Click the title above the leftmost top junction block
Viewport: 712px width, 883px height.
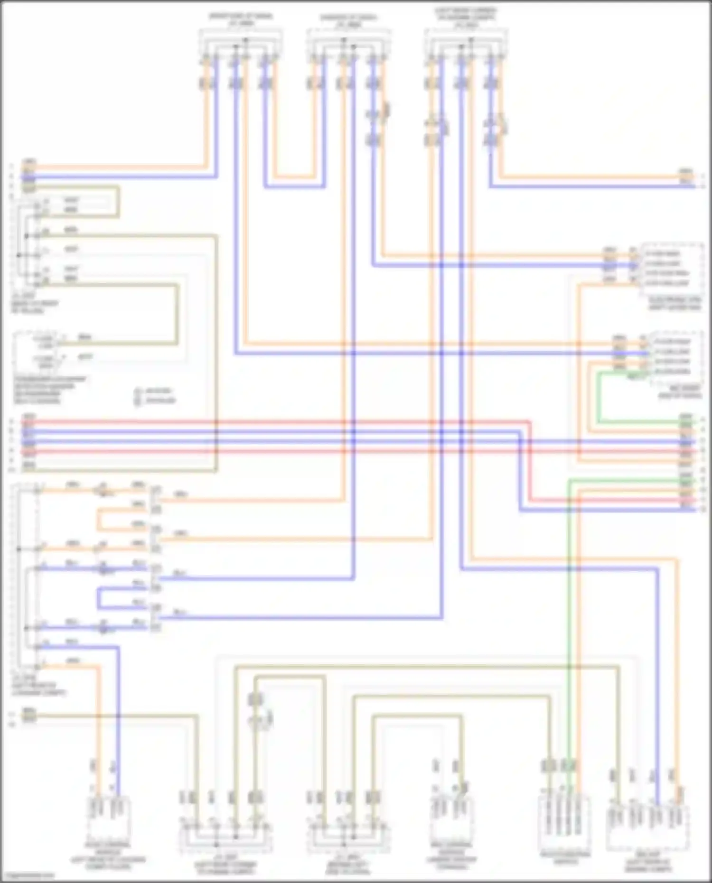[241, 19]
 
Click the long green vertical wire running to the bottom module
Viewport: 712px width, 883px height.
[569, 617]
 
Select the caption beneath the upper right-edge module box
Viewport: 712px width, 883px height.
[675, 304]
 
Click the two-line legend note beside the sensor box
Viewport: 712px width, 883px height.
[155, 396]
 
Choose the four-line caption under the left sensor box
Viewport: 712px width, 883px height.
[50, 390]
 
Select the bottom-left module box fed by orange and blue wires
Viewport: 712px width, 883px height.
[109, 815]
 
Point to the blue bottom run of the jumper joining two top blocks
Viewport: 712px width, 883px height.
[294, 187]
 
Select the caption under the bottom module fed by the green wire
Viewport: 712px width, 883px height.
[565, 857]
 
